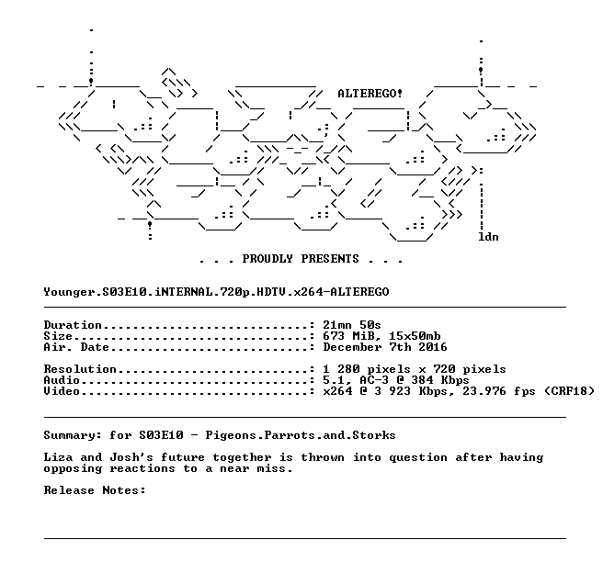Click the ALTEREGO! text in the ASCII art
pos(370,94)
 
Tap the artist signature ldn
pos(488,237)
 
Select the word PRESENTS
pos(330,258)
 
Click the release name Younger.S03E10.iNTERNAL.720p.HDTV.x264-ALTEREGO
pos(216,292)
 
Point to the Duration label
pos(73,325)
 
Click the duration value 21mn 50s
pos(352,325)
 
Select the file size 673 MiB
pos(348,336)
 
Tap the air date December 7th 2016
pos(385,347)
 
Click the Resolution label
pos(80,369)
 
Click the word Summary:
pos(73,435)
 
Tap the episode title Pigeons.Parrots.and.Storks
pos(301,435)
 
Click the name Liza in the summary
pos(58,457)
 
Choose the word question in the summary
pos(418,458)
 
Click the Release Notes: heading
pos(95,490)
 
